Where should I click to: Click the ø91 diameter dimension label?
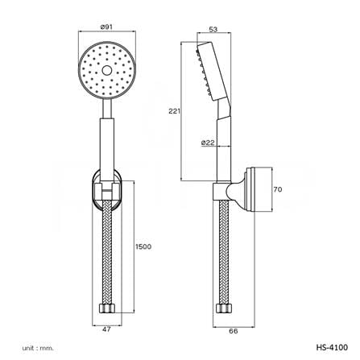(107, 27)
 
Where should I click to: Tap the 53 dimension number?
(213, 29)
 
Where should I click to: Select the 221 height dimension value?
(174, 111)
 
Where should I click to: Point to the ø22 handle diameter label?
(208, 143)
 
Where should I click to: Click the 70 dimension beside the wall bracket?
(278, 189)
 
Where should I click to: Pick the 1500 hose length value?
(143, 246)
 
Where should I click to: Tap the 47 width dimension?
(106, 329)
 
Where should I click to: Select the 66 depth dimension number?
(234, 331)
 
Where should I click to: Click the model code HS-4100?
(332, 347)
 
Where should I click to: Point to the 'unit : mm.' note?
(38, 348)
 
